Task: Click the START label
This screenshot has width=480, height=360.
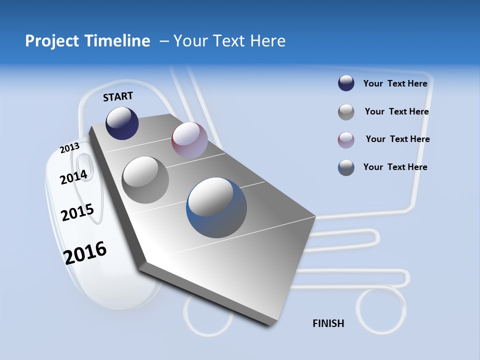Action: [118, 96]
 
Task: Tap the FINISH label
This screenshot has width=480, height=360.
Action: [328, 323]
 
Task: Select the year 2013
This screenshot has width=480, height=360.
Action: [69, 148]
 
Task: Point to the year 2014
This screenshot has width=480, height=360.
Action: [73, 177]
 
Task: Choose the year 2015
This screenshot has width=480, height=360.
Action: [77, 212]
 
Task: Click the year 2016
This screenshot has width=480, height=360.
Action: [85, 252]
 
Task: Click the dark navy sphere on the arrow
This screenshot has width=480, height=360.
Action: [122, 123]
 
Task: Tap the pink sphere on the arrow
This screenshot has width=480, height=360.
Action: [189, 139]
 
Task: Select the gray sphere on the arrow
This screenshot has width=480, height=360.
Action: [145, 180]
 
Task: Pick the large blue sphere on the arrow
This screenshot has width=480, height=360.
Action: [216, 207]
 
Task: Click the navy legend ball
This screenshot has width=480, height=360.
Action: [346, 83]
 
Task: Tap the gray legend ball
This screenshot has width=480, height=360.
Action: [346, 112]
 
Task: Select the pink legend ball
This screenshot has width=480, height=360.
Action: [346, 140]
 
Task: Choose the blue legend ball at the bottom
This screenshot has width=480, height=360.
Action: [346, 167]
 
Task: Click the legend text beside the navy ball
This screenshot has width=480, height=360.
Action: [395, 83]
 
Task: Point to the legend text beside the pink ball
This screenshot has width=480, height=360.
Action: [397, 139]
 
